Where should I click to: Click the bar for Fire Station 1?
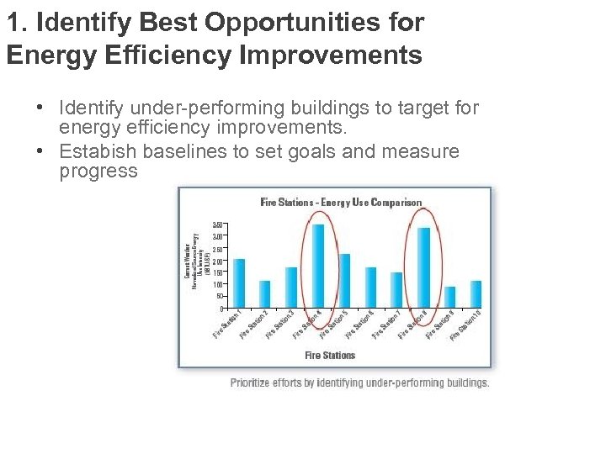[239, 282]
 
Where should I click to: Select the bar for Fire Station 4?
[318, 266]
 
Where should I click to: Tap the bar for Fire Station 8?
[424, 267]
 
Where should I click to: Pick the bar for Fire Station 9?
[450, 297]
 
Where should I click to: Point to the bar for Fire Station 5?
[344, 280]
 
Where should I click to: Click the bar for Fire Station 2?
[265, 293]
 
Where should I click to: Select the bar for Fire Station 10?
[476, 293]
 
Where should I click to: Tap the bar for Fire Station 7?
[397, 289]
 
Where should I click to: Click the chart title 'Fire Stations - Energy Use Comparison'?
[341, 203]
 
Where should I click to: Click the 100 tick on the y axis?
[217, 284]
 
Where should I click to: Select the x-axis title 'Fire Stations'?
[330, 356]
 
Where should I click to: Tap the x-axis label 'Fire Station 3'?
[280, 325]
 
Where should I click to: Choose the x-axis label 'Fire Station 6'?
[359, 325]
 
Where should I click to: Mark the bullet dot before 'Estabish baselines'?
[40, 152]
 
